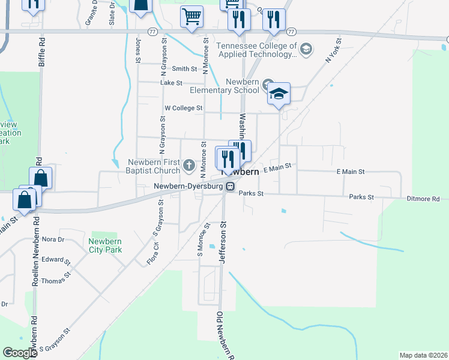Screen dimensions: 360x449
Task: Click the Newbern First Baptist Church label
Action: pos(154,166)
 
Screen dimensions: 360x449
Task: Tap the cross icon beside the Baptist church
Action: pos(189,164)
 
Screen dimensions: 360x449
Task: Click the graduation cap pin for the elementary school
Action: pos(279,94)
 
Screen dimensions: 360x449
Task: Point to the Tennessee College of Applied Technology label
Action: pos(256,50)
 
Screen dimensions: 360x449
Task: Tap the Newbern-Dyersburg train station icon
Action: pos(230,187)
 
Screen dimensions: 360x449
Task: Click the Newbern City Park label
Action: pos(105,245)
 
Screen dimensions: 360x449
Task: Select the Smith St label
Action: pos(184,69)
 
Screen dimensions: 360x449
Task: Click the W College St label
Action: pos(184,108)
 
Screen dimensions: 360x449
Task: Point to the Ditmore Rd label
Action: pos(423,199)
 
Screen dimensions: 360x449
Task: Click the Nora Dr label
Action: pos(53,239)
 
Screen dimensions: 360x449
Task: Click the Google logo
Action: pos(20,353)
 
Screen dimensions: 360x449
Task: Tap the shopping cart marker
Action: pos(192,17)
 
